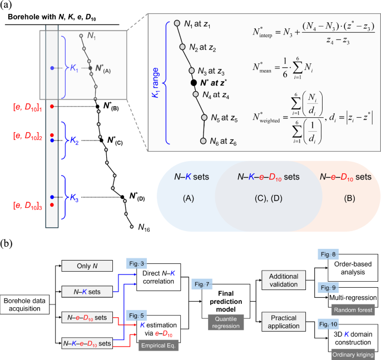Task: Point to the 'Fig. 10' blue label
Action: (x=328, y=322)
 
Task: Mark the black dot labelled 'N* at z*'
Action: (x=194, y=83)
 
